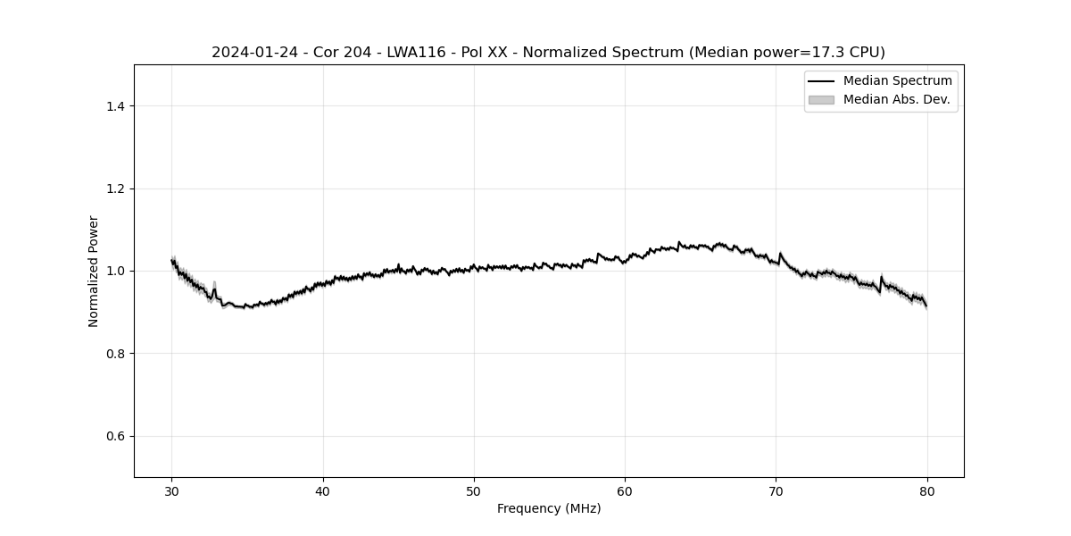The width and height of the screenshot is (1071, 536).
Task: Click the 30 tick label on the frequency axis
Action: tap(172, 490)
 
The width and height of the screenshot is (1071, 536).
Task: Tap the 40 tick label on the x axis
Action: tap(323, 490)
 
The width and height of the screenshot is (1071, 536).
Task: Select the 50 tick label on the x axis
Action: tap(474, 490)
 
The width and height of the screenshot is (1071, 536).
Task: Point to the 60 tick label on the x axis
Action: tap(625, 490)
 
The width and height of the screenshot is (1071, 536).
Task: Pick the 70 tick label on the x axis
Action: tap(776, 490)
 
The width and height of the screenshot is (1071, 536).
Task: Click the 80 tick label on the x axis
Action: tap(926, 490)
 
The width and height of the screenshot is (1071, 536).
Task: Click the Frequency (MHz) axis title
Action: tap(549, 508)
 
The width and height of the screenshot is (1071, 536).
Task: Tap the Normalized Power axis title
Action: tap(94, 271)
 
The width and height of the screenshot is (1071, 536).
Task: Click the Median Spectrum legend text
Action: tap(897, 81)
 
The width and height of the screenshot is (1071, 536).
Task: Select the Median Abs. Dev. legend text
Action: tap(896, 100)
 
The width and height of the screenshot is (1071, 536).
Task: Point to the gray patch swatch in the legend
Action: tap(821, 100)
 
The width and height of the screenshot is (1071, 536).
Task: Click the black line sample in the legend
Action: tap(821, 81)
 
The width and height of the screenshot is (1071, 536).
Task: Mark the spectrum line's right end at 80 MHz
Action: tap(926, 306)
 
